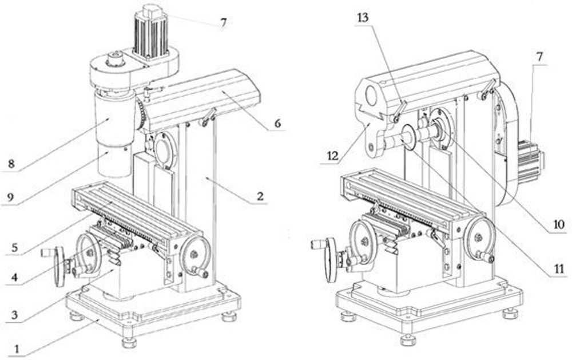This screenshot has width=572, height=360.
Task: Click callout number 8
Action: tap(11, 164)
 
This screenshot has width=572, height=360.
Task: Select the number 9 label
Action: tap(10, 197)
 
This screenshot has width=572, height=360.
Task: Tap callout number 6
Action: tap(277, 124)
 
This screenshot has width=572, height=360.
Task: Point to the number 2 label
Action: tap(260, 196)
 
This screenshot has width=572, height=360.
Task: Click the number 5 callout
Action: tap(14, 248)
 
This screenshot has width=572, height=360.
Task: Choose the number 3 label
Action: tap(14, 315)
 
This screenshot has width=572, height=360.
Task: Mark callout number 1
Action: tap(16, 349)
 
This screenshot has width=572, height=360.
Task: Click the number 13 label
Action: tap(363, 17)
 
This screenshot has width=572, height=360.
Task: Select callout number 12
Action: tap(333, 156)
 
